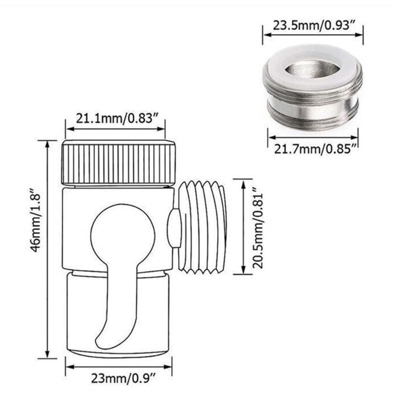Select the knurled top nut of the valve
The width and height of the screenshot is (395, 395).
click(118, 163)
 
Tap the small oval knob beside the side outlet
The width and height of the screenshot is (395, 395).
click(174, 228)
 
